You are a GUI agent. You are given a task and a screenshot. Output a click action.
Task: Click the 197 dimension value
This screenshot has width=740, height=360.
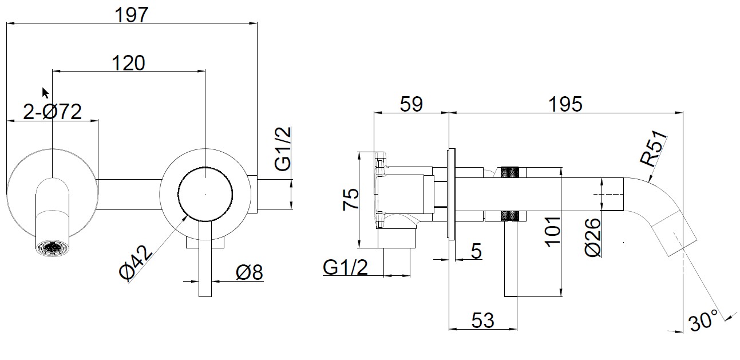[132, 15]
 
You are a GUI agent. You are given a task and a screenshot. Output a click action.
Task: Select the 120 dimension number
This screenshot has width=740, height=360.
[128, 62]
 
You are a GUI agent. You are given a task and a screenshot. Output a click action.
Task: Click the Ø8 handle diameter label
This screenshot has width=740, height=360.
[249, 272]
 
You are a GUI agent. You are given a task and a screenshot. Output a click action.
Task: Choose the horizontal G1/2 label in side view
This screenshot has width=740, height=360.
[345, 266]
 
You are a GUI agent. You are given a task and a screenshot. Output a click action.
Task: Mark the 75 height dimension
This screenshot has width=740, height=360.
[351, 199]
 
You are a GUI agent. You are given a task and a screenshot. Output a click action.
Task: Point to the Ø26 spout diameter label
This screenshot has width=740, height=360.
[593, 237]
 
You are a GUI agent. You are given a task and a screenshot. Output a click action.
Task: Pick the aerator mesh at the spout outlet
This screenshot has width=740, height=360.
[52, 248]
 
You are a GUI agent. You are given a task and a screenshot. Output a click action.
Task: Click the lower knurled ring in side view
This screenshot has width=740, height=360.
[510, 216]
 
